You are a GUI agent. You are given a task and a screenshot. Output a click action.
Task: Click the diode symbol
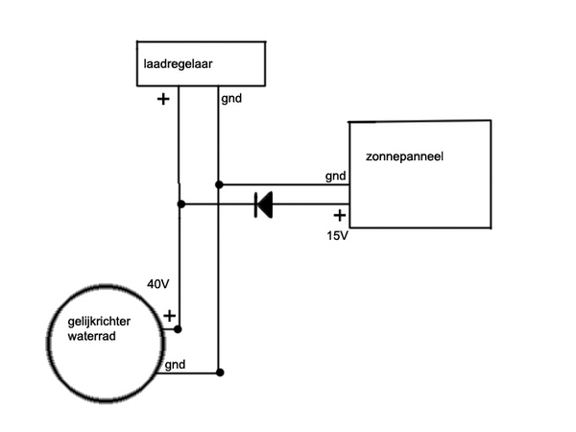coord(262,204)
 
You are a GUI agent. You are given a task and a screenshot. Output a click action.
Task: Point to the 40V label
coord(159,284)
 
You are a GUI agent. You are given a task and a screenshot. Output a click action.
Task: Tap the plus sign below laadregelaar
coord(161,98)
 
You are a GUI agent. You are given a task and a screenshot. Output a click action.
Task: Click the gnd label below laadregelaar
coord(230,98)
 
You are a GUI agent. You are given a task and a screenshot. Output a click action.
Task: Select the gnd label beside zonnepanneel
coord(335,176)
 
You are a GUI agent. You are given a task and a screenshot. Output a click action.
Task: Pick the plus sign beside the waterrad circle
coord(169,315)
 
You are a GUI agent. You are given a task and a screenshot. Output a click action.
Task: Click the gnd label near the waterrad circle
coord(177,366)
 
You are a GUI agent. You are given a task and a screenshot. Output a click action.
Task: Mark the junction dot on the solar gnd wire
coord(220,184)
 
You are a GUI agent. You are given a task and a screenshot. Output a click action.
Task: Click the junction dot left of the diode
coord(180,204)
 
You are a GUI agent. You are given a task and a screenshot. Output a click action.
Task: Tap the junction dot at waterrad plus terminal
coord(179,328)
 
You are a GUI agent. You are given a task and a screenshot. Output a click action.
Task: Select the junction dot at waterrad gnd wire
coord(220,372)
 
